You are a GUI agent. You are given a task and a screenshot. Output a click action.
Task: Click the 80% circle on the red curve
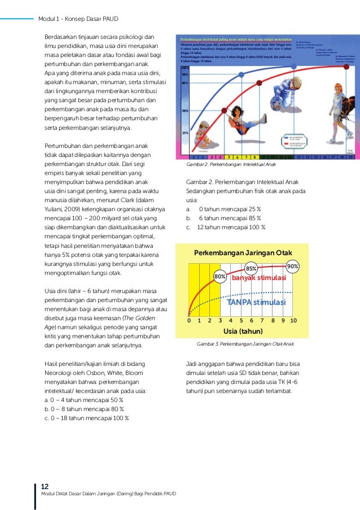[220, 277]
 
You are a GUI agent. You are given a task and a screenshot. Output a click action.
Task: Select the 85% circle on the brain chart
[251, 269]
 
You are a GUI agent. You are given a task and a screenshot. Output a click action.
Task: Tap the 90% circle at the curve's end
[293, 266]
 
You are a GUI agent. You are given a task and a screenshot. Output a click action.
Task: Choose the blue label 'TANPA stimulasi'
[256, 302]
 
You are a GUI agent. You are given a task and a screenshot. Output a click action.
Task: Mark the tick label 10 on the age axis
[293, 320]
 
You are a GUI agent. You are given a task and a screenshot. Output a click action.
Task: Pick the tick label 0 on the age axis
[189, 320]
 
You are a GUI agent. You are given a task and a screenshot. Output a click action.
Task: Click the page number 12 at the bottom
[45, 486]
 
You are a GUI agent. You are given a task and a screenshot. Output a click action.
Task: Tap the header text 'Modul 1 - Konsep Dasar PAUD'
[78, 19]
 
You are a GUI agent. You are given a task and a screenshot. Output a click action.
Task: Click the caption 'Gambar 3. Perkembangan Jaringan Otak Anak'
[245, 343]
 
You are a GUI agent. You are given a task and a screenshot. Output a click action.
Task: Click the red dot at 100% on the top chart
[349, 67]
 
